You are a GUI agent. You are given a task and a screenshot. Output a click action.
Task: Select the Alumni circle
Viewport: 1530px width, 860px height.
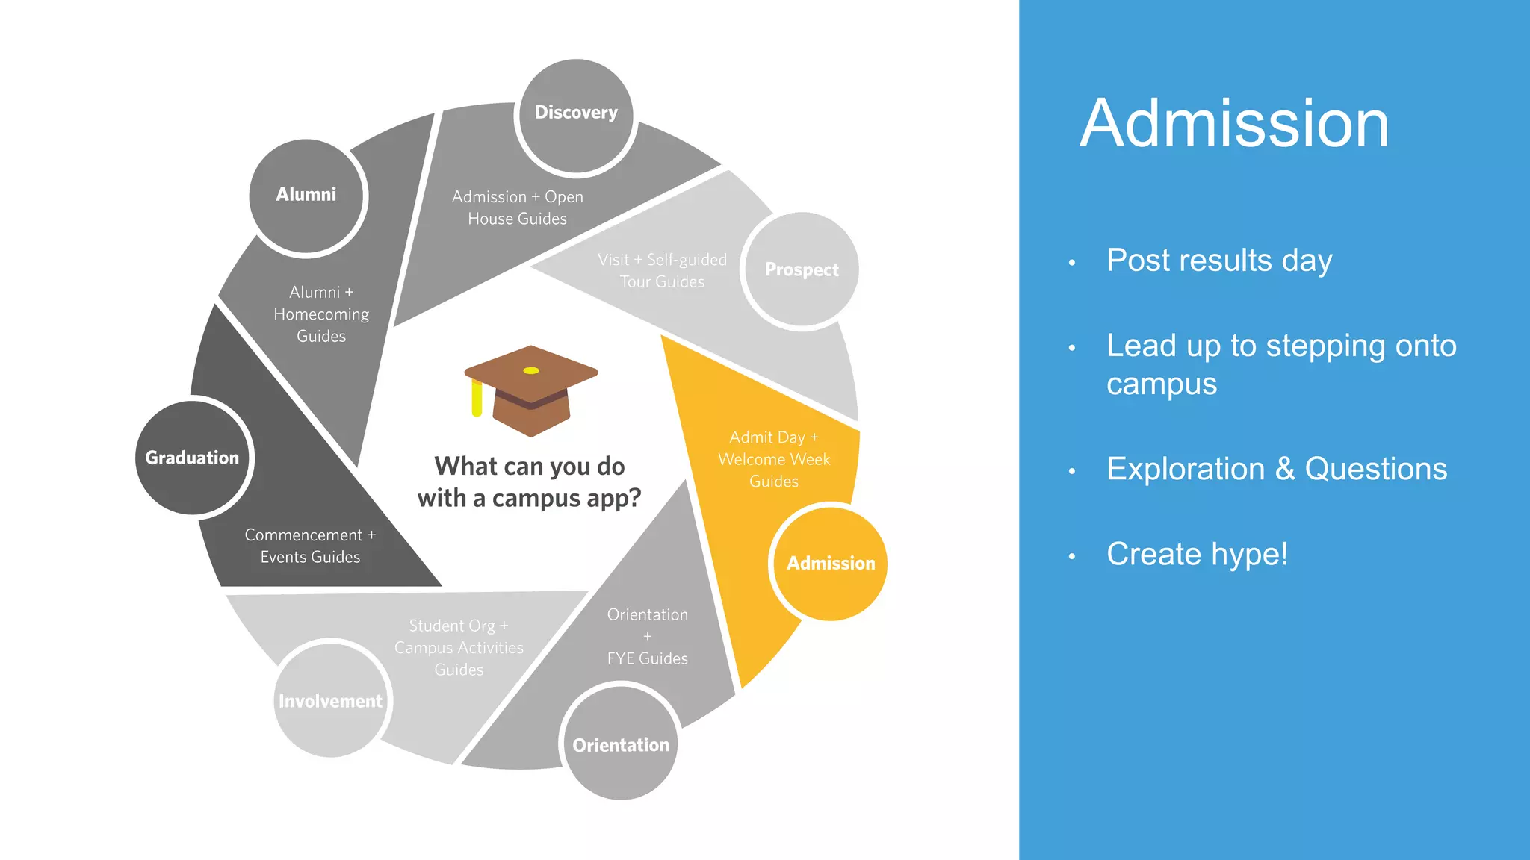point(306,196)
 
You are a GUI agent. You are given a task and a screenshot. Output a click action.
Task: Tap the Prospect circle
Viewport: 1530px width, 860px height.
point(802,269)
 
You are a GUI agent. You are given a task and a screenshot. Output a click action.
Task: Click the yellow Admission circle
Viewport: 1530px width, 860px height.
point(830,563)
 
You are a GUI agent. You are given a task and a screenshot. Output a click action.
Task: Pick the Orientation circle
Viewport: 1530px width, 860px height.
point(620,744)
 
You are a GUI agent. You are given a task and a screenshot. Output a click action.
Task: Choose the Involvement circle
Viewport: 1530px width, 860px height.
point(330,700)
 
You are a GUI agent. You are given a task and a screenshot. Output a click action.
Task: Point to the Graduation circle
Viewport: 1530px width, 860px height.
point(193,458)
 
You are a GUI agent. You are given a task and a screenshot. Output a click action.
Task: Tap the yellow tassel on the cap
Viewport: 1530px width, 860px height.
point(477,399)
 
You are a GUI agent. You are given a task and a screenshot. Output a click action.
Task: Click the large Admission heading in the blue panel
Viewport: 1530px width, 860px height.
point(1234,124)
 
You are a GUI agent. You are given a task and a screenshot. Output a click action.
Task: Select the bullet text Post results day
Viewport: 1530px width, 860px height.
point(1219,261)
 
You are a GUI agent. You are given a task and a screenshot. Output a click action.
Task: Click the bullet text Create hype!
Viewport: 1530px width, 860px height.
point(1197,554)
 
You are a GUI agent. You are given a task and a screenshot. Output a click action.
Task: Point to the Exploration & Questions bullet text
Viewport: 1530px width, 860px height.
point(1277,469)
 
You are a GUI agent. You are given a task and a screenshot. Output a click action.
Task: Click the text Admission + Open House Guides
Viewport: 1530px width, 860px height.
point(517,208)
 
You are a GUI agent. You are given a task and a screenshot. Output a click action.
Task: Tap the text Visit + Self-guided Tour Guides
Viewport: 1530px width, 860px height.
point(662,270)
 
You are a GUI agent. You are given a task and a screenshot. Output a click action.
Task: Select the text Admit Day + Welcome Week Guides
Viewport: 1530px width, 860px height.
point(774,459)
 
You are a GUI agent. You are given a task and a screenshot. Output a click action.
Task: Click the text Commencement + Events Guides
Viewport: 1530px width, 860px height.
point(310,546)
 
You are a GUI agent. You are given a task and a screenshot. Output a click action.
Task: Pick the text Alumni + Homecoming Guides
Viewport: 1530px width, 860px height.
point(321,314)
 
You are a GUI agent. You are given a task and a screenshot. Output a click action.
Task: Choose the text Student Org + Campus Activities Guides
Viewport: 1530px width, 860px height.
point(459,647)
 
